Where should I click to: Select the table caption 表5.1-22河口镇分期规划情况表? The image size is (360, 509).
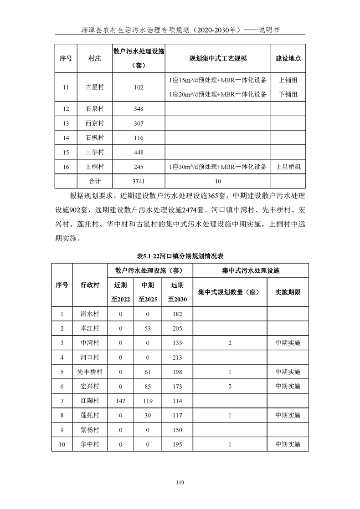click(x=180, y=255)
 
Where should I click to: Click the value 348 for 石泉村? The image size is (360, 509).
click(x=139, y=109)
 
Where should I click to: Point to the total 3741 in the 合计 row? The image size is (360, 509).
click(x=139, y=181)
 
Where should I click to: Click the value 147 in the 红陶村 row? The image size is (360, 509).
click(x=121, y=401)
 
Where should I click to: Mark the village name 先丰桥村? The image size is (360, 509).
click(x=90, y=372)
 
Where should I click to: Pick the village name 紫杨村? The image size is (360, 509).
click(x=90, y=430)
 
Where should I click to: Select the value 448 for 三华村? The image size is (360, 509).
click(x=139, y=152)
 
